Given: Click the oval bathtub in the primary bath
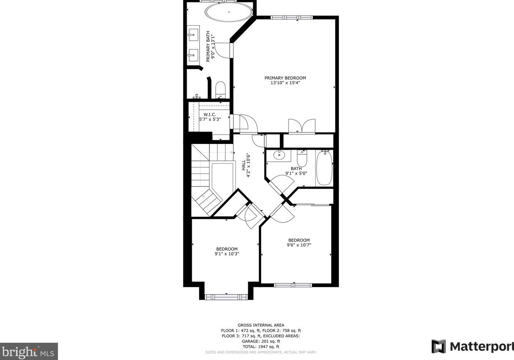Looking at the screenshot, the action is [x=229, y=12].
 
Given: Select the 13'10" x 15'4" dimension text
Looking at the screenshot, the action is [x=285, y=83].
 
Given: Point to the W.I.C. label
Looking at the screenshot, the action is [x=210, y=114].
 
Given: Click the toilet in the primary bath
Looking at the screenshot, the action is [x=221, y=89].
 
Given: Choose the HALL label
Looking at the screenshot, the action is [x=243, y=165].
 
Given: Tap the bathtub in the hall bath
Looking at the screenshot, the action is [x=324, y=168].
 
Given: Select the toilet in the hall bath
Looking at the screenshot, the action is [x=302, y=159].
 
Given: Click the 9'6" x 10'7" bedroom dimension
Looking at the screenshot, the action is [x=299, y=245].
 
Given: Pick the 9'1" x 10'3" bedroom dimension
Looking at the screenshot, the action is [x=227, y=254].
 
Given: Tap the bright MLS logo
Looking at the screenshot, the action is [x=29, y=351].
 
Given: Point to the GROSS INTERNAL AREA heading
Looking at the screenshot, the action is [x=261, y=325].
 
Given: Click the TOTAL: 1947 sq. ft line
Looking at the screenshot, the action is [x=261, y=347].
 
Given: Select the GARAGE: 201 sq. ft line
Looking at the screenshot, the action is [x=261, y=341].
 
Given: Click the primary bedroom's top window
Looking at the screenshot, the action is [x=292, y=18].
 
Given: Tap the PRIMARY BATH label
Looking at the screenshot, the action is [x=208, y=47].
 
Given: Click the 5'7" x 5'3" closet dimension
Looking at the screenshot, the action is [x=210, y=119].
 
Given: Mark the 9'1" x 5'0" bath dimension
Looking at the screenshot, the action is [x=296, y=173].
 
